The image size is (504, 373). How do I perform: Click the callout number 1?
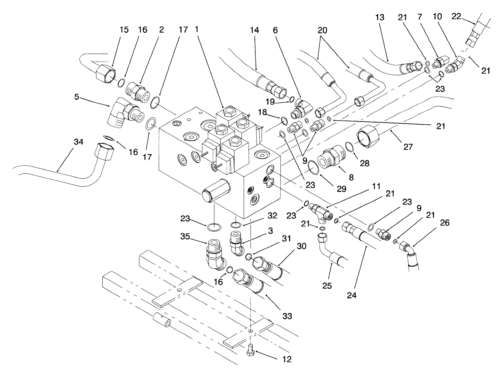point(197,30)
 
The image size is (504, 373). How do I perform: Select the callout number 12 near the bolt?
point(287,359)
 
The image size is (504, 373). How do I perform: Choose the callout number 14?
point(254,30)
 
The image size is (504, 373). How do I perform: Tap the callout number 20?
point(322,30)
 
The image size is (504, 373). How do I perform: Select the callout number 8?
point(351,177)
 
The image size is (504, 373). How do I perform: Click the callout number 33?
point(287,316)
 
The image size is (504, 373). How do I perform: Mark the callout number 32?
point(272,216)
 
